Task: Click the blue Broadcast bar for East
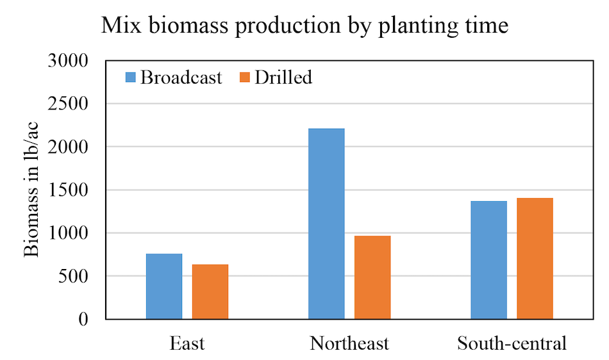164,286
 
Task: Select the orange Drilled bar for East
210,291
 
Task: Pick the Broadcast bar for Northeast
326,224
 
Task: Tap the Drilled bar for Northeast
372,277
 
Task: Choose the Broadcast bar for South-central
488,260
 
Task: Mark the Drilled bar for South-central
535,258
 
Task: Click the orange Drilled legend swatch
245,78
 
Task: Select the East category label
187,343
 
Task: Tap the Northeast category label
349,343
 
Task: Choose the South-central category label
512,343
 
